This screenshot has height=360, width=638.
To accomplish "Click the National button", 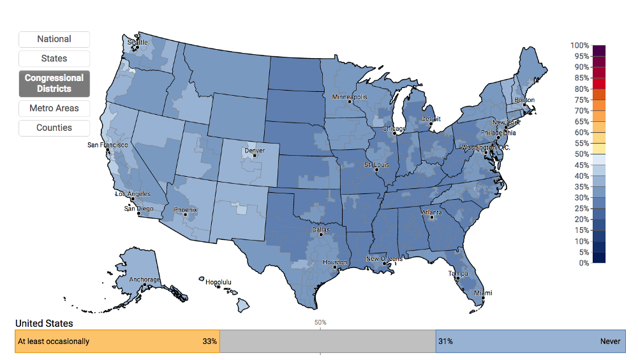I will pos(54,39).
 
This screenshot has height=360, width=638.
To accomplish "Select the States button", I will pos(54,59).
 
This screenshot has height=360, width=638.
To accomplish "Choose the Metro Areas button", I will pos(54,109).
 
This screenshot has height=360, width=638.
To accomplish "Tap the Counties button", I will pos(54,128).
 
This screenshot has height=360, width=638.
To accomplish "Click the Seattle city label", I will pos(137,43).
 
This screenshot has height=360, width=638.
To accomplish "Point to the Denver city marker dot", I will pos(254,155).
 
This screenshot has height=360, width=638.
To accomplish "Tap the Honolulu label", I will pos(218,281).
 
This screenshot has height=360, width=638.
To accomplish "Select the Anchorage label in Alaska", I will pos(144,280).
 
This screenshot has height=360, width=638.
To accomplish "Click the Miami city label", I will pos(482,293).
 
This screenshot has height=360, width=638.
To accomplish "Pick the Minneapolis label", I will pos(350,97).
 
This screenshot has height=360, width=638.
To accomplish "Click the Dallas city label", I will pos(321,229).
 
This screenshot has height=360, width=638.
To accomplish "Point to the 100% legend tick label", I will pos(580,45).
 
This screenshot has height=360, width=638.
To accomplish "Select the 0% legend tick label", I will pos(582,263).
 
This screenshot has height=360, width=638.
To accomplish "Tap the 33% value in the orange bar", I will pos(210,341).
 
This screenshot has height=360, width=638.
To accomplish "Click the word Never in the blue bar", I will pos(610,341).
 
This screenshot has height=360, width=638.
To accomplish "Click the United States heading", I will pos(44,324).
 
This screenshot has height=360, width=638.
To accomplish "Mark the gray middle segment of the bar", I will pos(327,341).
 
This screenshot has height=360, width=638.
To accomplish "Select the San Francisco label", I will pos(107,145).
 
